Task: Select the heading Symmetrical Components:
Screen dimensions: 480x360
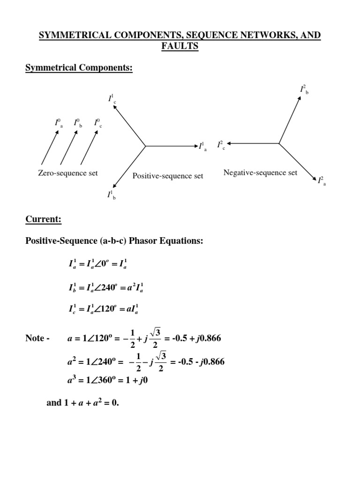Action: click(79, 68)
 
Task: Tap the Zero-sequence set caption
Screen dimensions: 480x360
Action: click(68, 173)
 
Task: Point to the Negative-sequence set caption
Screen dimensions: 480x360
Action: click(260, 172)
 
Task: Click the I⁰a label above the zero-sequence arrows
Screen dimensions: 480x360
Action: click(58, 123)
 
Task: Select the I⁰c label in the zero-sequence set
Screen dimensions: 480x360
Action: click(97, 123)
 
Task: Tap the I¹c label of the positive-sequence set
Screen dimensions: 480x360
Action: click(112, 99)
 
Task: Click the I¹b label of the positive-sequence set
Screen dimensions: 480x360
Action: click(112, 195)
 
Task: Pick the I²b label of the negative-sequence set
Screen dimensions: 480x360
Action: click(304, 90)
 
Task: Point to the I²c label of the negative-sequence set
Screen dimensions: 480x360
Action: click(221, 145)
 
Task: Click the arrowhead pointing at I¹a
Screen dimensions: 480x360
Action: click(194, 146)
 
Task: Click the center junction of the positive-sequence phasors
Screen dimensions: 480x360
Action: click(145, 146)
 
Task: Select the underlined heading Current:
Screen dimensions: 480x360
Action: click(43, 219)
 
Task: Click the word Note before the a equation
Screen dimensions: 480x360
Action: click(35, 338)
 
